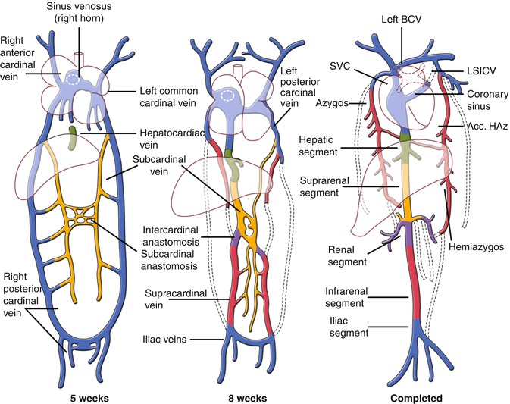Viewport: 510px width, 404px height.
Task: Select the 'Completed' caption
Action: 416,396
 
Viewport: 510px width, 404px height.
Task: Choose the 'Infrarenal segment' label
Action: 338,296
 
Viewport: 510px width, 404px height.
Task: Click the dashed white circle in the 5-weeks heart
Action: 74,80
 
